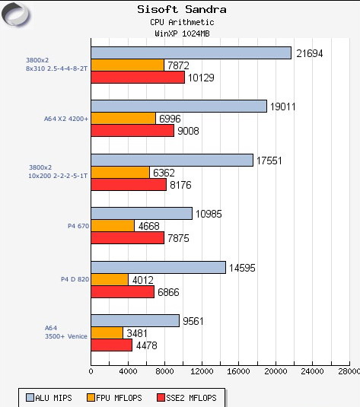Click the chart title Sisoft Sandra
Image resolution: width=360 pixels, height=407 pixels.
click(181, 10)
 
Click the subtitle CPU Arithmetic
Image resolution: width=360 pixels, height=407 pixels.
click(181, 23)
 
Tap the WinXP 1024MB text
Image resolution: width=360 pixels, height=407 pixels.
click(181, 34)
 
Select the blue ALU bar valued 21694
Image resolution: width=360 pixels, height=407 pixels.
click(191, 52)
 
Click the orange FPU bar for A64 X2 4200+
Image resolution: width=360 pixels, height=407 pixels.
click(123, 118)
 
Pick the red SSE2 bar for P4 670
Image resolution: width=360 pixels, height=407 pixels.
click(127, 238)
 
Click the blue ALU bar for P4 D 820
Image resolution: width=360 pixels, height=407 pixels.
click(158, 267)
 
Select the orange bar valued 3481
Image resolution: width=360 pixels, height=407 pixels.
click(107, 332)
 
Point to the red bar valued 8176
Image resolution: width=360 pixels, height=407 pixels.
click(129, 184)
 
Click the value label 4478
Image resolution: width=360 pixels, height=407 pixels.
click(147, 345)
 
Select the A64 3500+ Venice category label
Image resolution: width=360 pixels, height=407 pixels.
click(66, 332)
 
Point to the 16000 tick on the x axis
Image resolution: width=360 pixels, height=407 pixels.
click(238, 371)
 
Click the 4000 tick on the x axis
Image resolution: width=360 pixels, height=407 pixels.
click(128, 371)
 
